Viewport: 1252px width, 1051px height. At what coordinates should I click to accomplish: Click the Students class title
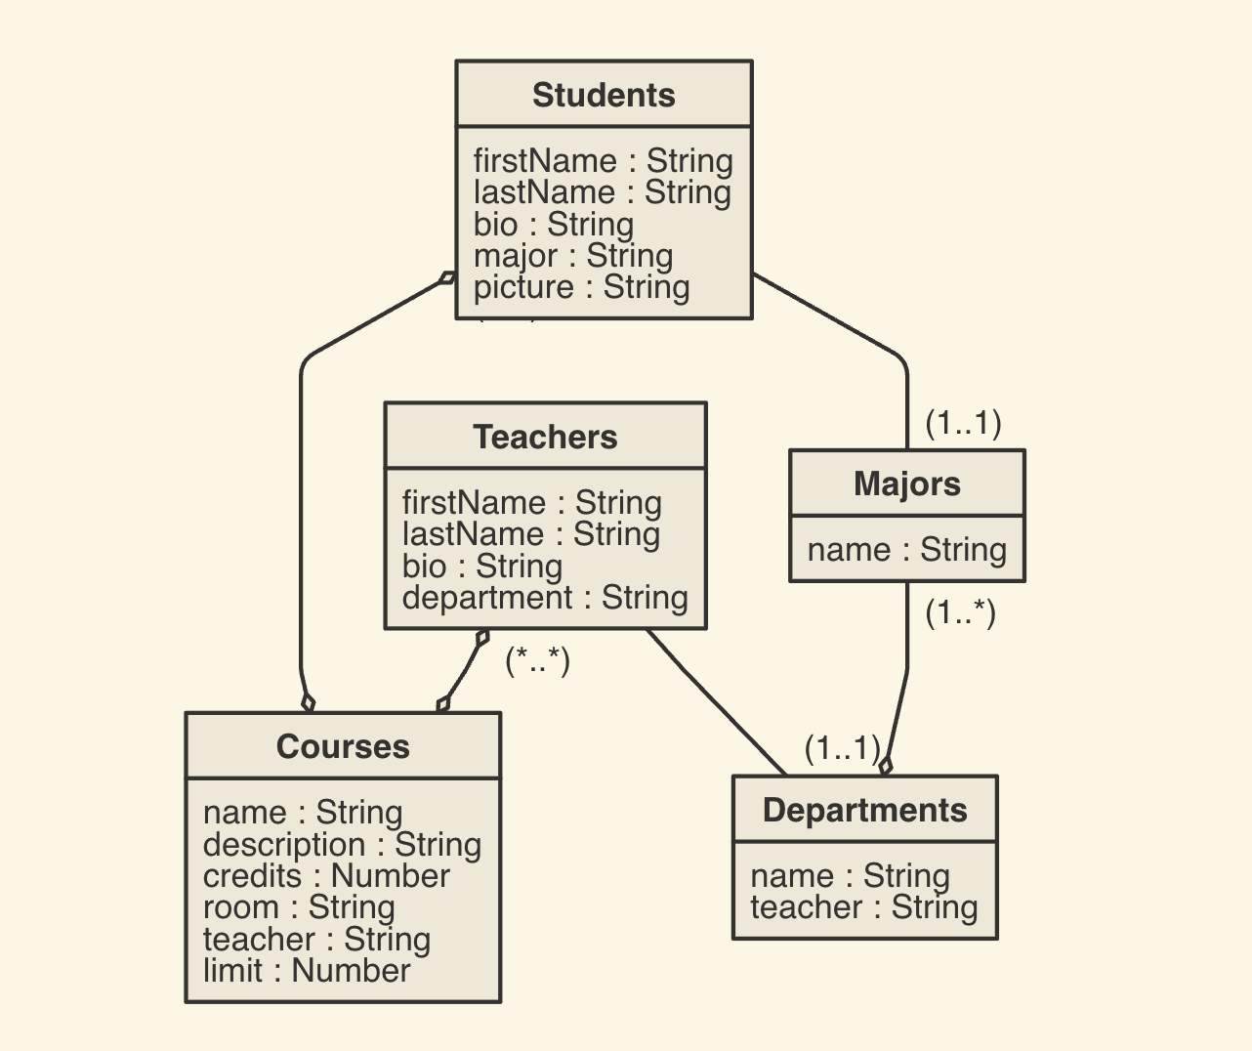pyautogui.click(x=604, y=96)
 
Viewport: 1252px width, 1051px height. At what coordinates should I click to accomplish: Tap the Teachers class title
pyautogui.click(x=545, y=437)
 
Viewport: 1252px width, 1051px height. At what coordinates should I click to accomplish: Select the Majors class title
pyautogui.click(x=906, y=483)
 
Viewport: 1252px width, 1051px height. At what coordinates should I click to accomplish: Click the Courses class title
pyautogui.click(x=343, y=746)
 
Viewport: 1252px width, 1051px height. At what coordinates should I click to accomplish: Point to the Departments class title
pyautogui.click(x=864, y=810)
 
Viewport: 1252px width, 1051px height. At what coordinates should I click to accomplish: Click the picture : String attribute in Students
pyautogui.click(x=581, y=287)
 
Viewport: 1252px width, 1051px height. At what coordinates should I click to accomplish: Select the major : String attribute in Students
pyautogui.click(x=573, y=256)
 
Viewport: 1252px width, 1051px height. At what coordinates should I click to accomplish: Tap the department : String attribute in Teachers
pyautogui.click(x=545, y=597)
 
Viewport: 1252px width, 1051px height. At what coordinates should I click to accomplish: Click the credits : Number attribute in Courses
pyautogui.click(x=326, y=875)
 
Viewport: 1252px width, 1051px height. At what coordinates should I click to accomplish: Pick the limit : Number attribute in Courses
pyautogui.click(x=307, y=970)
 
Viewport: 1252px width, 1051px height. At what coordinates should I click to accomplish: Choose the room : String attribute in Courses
pyautogui.click(x=299, y=907)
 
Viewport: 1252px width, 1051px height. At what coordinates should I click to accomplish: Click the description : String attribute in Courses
pyautogui.click(x=342, y=844)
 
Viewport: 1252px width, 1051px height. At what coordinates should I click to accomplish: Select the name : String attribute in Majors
pyautogui.click(x=906, y=549)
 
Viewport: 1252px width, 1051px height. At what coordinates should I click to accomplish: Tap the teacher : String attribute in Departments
pyautogui.click(x=863, y=907)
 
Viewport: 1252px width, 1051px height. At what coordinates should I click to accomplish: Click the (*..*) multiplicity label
pyautogui.click(x=537, y=661)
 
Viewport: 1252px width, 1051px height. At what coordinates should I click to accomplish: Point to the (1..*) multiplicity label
pyautogui.click(x=960, y=612)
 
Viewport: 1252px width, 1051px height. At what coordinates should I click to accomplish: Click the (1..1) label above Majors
pyautogui.click(x=963, y=423)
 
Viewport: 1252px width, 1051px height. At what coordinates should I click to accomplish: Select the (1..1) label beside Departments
pyautogui.click(x=842, y=748)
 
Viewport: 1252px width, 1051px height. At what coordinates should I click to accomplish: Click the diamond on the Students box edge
pyautogui.click(x=447, y=277)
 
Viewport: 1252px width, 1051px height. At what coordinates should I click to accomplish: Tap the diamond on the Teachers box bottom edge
pyautogui.click(x=481, y=639)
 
